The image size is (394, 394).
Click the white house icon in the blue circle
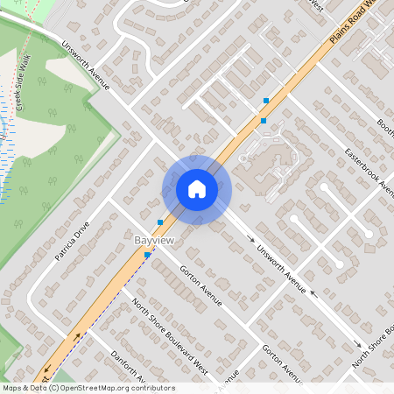pyautogui.click(x=197, y=189)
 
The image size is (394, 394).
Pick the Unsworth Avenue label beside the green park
pyautogui.click(x=85, y=66)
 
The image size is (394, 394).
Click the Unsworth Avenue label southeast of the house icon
pyautogui.click(x=280, y=267)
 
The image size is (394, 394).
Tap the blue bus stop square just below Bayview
pyautogui.click(x=147, y=255)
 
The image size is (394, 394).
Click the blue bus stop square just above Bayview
pyautogui.click(x=159, y=222)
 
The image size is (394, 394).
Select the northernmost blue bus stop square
pyautogui.click(x=266, y=102)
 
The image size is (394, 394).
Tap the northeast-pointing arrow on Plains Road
pyautogui.click(x=81, y=335)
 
